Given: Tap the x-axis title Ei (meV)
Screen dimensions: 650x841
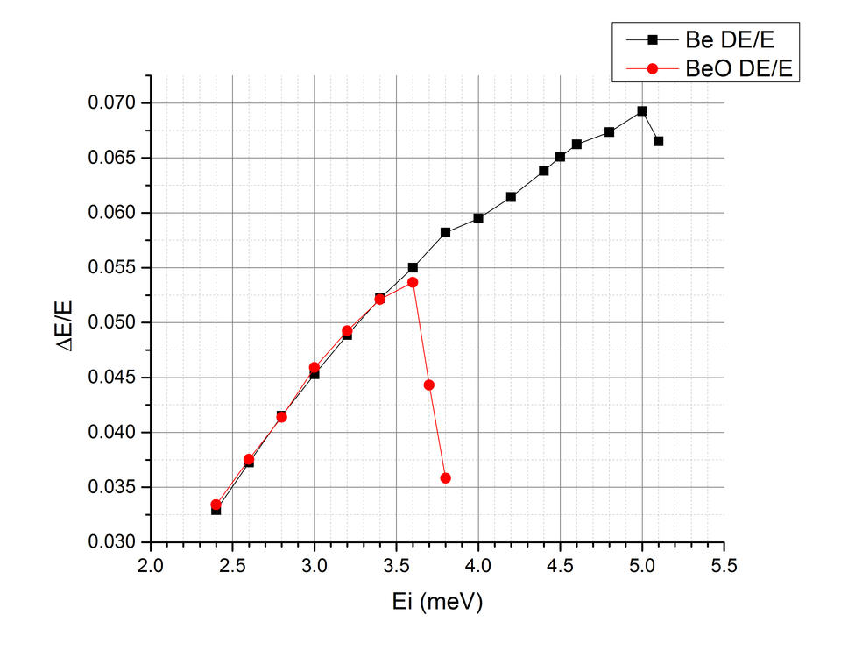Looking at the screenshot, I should pyautogui.click(x=438, y=602).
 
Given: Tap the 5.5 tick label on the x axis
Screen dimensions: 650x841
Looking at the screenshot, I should pyautogui.click(x=724, y=566).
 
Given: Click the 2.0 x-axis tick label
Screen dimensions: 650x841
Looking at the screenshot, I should pyautogui.click(x=151, y=566).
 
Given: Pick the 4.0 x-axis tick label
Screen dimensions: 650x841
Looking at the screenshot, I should pyautogui.click(x=478, y=566).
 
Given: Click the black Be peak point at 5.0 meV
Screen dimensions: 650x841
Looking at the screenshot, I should pyautogui.click(x=642, y=111).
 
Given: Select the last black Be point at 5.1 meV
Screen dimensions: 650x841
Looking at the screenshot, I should pyautogui.click(x=659, y=141).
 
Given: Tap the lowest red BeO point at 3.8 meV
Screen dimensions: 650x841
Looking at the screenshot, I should pyautogui.click(x=446, y=478).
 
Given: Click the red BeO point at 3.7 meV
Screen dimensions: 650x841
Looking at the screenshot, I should pyautogui.click(x=429, y=385).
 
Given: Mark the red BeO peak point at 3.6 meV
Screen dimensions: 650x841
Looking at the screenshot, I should pyautogui.click(x=413, y=282).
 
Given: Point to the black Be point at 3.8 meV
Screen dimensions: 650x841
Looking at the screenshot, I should pyautogui.click(x=446, y=232).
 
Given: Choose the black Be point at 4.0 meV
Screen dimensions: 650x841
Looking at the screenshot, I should pyautogui.click(x=478, y=218).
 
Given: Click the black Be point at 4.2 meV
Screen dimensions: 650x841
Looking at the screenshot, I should pyautogui.click(x=511, y=197).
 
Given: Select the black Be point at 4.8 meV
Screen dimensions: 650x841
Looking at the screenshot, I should pyautogui.click(x=610, y=132).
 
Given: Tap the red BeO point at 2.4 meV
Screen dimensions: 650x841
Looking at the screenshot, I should pyautogui.click(x=216, y=505).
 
